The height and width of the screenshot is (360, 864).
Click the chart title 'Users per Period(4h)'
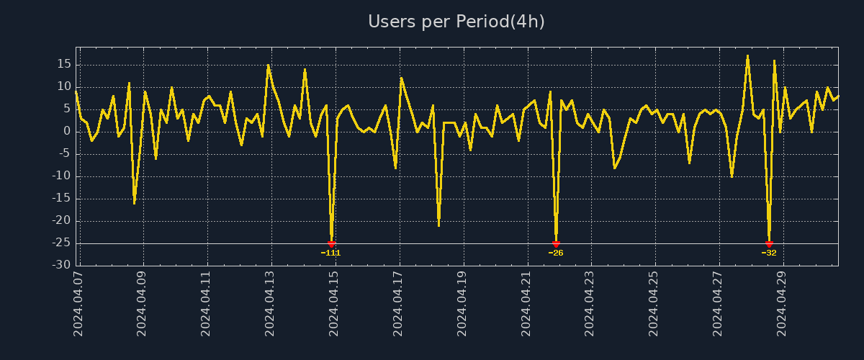coord(456,22)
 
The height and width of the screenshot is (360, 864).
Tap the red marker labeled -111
coord(331,244)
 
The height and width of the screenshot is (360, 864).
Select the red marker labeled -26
coord(556,244)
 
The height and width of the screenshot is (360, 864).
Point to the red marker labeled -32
coord(769,244)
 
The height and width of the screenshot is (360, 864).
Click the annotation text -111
coord(331,253)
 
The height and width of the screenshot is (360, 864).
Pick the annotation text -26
coord(556,253)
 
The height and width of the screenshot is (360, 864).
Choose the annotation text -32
coord(769,253)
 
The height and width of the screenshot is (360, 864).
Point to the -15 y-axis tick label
coord(62,199)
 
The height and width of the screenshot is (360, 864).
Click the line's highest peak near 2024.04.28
coord(747,55)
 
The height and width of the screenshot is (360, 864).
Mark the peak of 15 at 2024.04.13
coord(268,65)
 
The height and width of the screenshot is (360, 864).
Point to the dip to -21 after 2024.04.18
coord(438,225)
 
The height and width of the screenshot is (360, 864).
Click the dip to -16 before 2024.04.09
coord(134,203)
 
